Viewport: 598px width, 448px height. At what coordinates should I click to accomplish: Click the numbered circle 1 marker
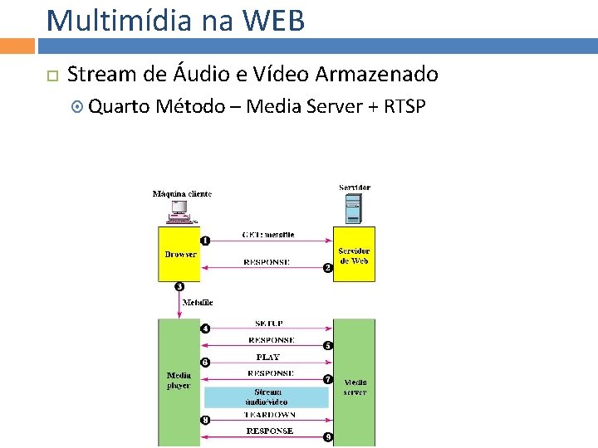point(205,241)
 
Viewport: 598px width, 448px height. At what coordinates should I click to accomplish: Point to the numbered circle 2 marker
point(328,267)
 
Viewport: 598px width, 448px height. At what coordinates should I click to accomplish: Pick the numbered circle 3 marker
point(179,287)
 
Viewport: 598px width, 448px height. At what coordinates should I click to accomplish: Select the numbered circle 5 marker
point(328,345)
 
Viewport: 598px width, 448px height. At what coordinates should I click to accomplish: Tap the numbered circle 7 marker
point(328,379)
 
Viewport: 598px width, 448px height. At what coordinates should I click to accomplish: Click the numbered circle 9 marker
point(328,436)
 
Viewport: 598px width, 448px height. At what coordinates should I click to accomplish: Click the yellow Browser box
point(179,254)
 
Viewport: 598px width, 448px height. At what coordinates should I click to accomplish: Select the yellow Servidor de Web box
point(354,255)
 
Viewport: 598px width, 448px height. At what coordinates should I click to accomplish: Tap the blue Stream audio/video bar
point(267,397)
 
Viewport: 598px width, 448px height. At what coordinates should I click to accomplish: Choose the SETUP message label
point(269,323)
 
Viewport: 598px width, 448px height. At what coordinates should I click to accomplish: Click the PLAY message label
point(267,357)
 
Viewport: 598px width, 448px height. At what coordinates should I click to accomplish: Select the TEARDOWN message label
point(269,414)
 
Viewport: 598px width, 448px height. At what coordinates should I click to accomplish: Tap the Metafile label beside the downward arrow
point(198,303)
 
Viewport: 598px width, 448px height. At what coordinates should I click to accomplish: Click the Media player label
point(179,381)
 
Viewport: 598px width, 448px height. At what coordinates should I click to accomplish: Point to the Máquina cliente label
point(182,193)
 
